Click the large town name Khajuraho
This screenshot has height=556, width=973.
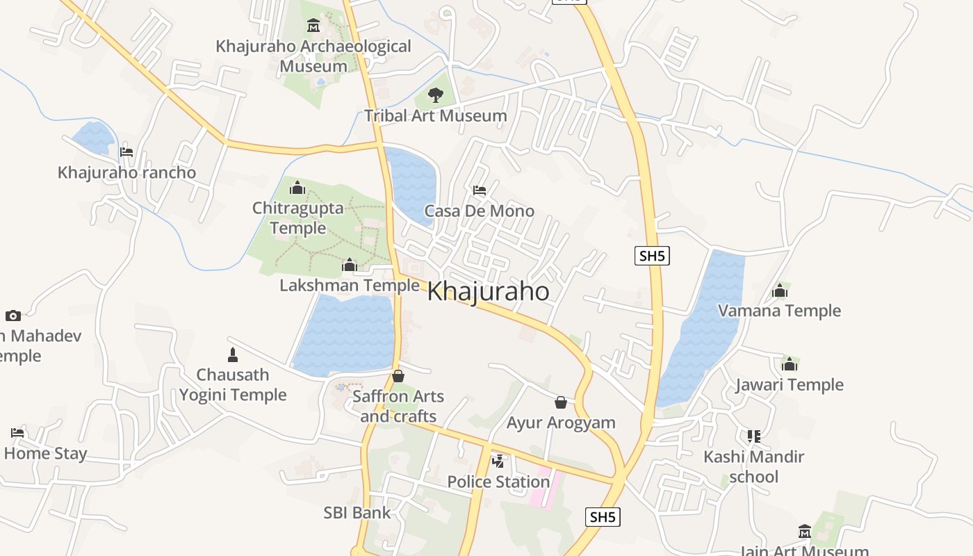tap(488, 291)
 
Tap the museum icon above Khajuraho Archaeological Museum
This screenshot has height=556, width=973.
tap(313, 26)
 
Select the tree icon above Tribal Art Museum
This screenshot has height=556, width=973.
tap(436, 95)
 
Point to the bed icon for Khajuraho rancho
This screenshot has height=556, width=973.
tap(126, 152)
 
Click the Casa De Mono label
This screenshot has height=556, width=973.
tap(480, 211)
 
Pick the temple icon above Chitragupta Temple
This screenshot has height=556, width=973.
tap(297, 187)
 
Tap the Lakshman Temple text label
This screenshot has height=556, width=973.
tap(350, 285)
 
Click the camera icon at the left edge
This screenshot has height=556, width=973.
tap(13, 316)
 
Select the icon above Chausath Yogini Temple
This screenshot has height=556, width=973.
tap(233, 355)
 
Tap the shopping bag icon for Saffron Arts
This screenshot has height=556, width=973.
tap(398, 376)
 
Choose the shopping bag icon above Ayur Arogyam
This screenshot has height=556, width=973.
tap(561, 402)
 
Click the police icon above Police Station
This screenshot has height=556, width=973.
tap(498, 461)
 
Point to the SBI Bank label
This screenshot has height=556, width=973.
tap(357, 513)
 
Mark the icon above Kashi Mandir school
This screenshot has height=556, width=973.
tap(754, 436)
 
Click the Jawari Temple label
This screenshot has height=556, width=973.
tap(790, 384)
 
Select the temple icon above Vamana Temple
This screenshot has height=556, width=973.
tap(780, 290)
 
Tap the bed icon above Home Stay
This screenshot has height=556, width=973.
tap(17, 432)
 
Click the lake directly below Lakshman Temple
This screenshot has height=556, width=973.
tap(345, 334)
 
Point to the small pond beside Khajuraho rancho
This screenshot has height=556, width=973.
tap(93, 136)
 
